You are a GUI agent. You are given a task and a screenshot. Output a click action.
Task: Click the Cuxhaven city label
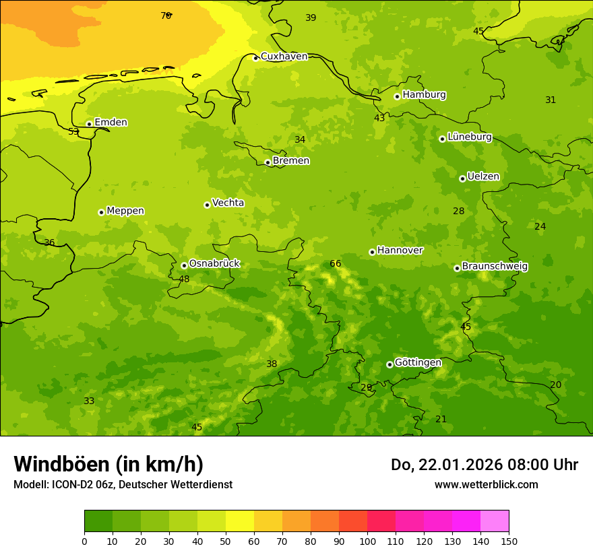[284, 57]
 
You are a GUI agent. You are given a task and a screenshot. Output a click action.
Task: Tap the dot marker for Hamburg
[397, 96]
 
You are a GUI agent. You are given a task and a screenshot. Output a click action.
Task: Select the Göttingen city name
[418, 362]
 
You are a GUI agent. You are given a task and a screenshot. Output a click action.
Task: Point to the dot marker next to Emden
[89, 124]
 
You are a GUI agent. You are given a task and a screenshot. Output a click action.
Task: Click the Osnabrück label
[214, 263]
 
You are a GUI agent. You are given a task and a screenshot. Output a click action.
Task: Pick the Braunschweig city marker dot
[457, 268]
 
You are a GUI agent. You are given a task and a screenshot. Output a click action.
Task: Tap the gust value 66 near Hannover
[336, 263]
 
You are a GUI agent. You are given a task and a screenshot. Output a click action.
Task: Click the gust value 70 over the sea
[166, 15]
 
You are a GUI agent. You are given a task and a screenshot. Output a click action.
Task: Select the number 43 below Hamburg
[379, 118]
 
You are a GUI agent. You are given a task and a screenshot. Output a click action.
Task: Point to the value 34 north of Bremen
[300, 139]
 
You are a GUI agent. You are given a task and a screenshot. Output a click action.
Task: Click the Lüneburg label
[470, 137]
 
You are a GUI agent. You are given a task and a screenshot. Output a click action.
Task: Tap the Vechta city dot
[207, 205]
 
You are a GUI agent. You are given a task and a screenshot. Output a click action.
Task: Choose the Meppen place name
[125, 211]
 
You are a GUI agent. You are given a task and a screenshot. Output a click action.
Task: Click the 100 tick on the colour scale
[367, 540]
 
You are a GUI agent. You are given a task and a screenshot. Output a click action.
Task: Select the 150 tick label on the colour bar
[509, 540]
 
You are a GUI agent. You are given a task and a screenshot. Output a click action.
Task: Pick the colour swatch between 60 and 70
[268, 521]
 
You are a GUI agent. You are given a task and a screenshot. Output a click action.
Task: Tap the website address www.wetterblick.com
[486, 484]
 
